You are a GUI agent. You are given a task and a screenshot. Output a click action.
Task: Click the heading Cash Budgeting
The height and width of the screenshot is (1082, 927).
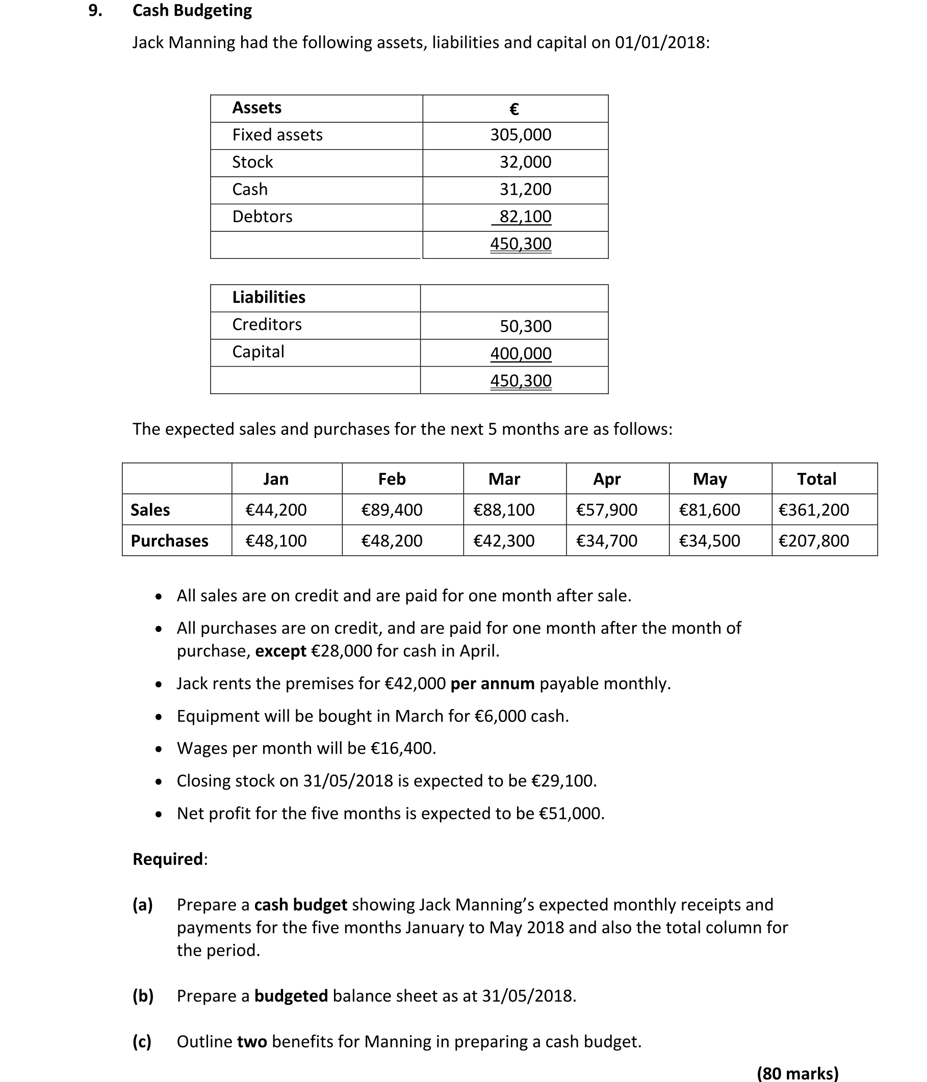tap(192, 10)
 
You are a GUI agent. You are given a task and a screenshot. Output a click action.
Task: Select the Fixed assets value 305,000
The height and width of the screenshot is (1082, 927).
tap(520, 135)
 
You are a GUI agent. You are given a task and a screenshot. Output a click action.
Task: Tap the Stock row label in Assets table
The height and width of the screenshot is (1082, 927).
tap(252, 162)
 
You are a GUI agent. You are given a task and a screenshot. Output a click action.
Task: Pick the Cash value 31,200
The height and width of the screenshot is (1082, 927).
tap(525, 189)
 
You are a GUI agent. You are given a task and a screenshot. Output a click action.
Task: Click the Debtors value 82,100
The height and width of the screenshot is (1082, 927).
tap(525, 216)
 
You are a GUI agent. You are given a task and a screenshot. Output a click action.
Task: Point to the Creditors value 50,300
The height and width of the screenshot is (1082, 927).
tap(525, 326)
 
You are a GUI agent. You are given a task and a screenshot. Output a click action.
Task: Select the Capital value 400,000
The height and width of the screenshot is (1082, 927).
tap(521, 354)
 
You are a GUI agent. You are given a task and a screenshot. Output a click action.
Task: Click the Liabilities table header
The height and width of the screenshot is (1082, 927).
tap(269, 297)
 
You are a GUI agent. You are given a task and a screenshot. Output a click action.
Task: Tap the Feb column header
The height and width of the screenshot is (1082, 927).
tap(392, 479)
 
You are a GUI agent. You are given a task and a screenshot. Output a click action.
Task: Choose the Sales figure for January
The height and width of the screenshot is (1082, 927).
tap(276, 510)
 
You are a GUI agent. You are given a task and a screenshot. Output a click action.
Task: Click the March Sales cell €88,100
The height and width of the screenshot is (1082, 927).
tap(503, 510)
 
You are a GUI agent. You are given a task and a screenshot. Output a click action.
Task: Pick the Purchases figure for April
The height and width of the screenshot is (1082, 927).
tap(606, 540)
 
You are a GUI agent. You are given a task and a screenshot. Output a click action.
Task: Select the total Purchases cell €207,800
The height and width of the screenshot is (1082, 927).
tap(813, 540)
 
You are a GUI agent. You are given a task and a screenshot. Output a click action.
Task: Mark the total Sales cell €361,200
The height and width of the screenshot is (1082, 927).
tap(813, 510)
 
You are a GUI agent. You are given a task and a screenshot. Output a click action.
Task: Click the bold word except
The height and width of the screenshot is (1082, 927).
tap(280, 651)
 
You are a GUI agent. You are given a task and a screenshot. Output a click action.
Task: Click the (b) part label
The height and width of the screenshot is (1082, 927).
tap(143, 996)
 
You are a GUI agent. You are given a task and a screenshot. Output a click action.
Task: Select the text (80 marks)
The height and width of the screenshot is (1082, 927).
tap(797, 1073)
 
